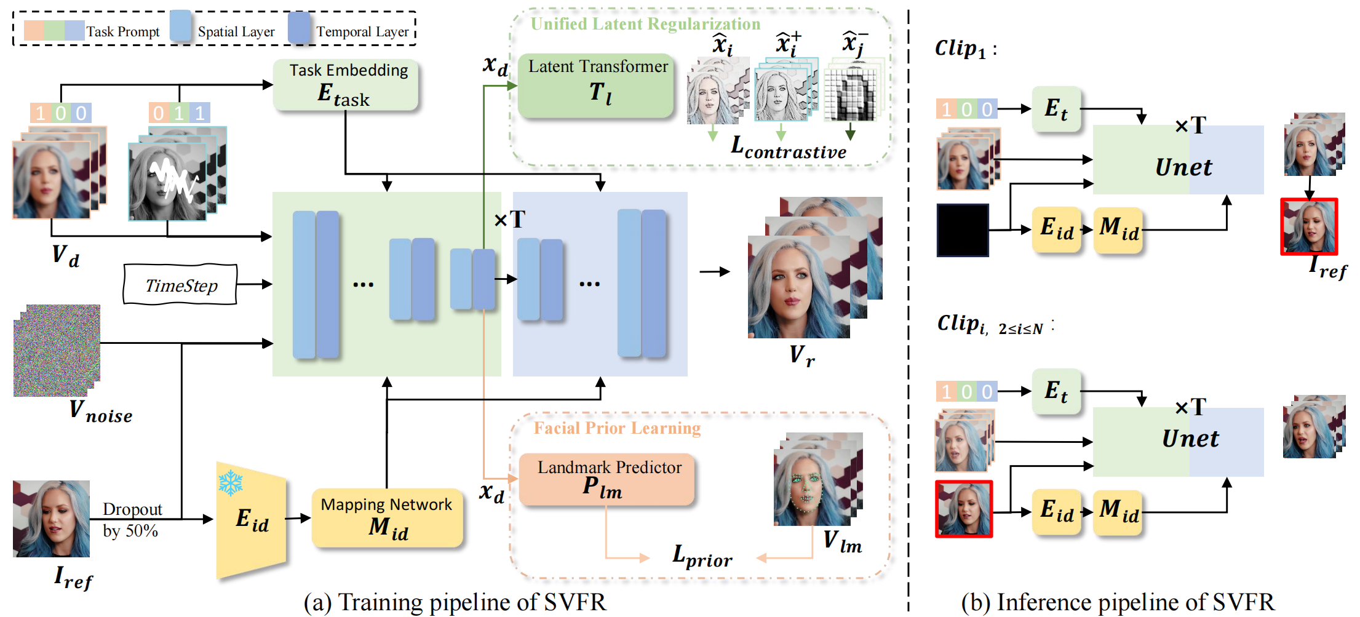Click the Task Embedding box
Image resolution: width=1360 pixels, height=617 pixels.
pyautogui.click(x=346, y=85)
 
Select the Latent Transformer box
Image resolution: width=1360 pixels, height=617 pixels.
pyautogui.click(x=596, y=86)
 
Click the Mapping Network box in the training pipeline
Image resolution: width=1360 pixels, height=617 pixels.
pyautogui.click(x=387, y=518)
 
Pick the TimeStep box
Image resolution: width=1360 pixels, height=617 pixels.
pyautogui.click(x=180, y=285)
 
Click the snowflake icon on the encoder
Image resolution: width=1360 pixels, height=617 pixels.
pyautogui.click(x=231, y=483)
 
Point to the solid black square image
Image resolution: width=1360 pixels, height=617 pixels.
pyautogui.click(x=963, y=230)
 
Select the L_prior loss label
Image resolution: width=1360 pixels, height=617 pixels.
pyautogui.click(x=702, y=556)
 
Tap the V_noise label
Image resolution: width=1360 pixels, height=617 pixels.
pyautogui.click(x=100, y=412)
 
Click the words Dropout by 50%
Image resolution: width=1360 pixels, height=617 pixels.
pyautogui.click(x=132, y=520)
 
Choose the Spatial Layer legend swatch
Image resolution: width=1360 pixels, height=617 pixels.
pyautogui.click(x=180, y=27)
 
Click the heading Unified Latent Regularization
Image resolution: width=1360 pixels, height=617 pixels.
pyautogui.click(x=645, y=24)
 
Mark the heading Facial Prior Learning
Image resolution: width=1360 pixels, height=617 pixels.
pyautogui.click(x=617, y=428)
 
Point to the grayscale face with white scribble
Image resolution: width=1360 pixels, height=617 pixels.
pyautogui.click(x=168, y=182)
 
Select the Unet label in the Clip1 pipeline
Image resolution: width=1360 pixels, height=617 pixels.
pyautogui.click(x=1183, y=167)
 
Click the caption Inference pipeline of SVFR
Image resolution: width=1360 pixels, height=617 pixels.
pyautogui.click(x=1118, y=602)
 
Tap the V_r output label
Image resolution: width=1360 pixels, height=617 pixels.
pyautogui.click(x=801, y=356)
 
